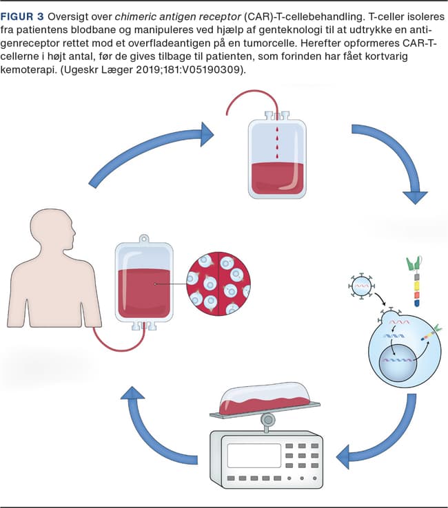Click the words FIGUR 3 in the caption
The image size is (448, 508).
(x=25, y=17)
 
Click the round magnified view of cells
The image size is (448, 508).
(x=219, y=284)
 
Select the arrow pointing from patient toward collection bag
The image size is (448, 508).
(x=152, y=151)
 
